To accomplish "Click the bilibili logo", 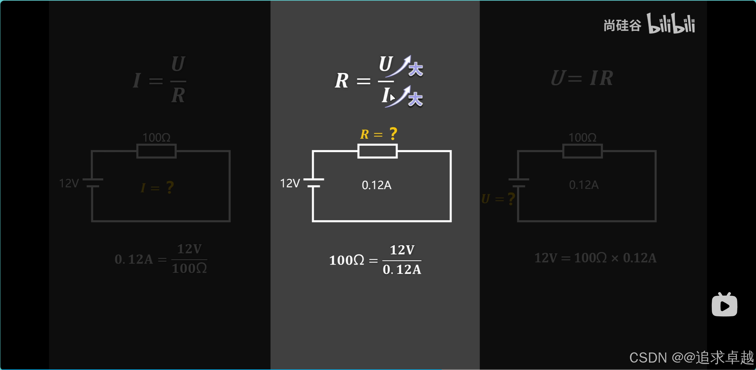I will (671, 23).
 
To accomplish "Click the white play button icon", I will (724, 305).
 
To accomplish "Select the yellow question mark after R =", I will (393, 134).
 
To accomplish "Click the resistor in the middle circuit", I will (377, 151).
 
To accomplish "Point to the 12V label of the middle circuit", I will (290, 184).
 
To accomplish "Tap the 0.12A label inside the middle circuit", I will (376, 185).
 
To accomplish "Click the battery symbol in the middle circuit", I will (314, 183).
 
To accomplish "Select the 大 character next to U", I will (416, 69).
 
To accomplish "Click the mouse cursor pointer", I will (392, 98).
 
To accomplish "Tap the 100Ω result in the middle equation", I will (346, 260).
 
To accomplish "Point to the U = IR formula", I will (582, 79).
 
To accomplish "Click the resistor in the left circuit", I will (156, 151).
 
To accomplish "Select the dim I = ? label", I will (157, 188).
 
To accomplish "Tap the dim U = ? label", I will (498, 199).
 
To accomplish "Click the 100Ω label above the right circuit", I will (582, 138).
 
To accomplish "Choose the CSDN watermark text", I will (691, 358).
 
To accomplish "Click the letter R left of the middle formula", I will (341, 81).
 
